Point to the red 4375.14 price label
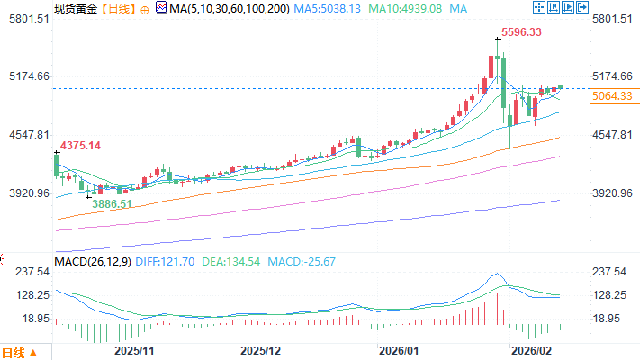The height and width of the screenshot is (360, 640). (x=80, y=146)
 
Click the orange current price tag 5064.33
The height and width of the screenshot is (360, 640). (x=612, y=95)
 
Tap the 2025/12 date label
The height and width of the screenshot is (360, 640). (x=262, y=348)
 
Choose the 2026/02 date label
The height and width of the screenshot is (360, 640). (x=531, y=348)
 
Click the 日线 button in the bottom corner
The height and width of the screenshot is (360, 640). (x=20, y=352)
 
